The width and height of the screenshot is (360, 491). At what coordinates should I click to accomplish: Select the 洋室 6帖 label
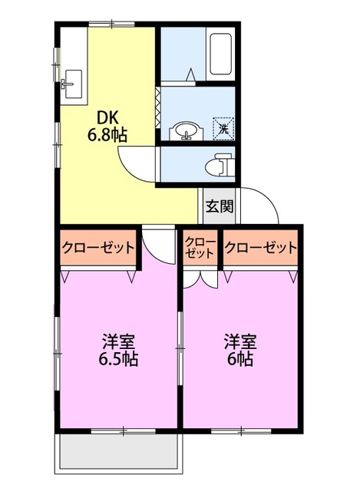click(239, 350)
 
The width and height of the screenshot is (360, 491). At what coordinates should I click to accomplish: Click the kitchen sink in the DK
click(74, 81)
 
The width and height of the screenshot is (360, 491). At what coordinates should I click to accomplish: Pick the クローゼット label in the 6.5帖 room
click(98, 248)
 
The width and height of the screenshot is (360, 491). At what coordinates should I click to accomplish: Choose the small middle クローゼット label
click(200, 247)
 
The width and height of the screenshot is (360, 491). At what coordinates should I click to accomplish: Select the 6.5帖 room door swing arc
click(158, 245)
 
